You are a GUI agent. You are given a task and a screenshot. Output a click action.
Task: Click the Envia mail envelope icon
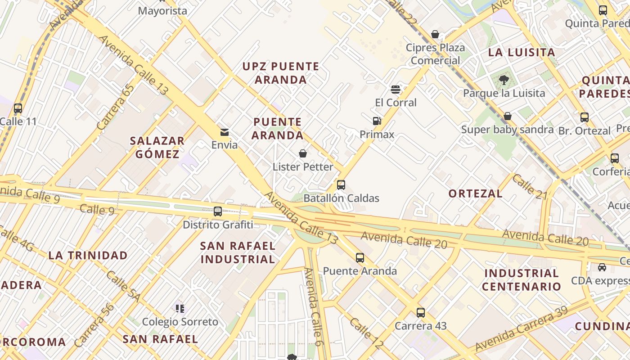pos(224,132)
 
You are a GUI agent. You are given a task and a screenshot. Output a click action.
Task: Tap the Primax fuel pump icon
pos(377,121)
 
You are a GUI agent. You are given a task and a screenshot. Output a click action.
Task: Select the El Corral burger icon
pos(396,89)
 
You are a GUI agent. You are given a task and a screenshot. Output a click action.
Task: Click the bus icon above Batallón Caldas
pos(341,184)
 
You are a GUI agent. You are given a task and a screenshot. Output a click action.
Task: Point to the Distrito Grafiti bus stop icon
pos(218,211)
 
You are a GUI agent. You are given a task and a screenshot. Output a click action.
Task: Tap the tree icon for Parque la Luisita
pos(504,80)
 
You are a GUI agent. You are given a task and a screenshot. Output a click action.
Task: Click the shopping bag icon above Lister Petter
pos(303,153)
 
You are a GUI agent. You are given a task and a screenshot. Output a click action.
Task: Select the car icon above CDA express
pos(602,267)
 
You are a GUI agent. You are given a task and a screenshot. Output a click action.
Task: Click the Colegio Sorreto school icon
pos(180,308)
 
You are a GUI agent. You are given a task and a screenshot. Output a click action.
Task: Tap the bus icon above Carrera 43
pos(420,312)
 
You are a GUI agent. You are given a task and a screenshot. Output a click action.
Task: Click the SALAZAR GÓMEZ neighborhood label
pos(157,148)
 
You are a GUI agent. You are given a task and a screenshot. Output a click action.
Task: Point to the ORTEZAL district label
pos(475,193)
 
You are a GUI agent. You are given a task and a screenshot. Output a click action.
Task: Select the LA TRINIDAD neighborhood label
pos(88,256)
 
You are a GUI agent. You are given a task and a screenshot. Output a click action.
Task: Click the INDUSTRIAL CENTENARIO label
pos(522,280)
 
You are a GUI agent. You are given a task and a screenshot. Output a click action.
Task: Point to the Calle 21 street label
pos(529,187)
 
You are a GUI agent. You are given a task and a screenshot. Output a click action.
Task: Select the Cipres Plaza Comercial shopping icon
pos(435,34)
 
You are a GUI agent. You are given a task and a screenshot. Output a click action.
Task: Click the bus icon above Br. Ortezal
pos(584,117)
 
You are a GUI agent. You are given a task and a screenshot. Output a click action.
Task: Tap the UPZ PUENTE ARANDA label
pos(281,73)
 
